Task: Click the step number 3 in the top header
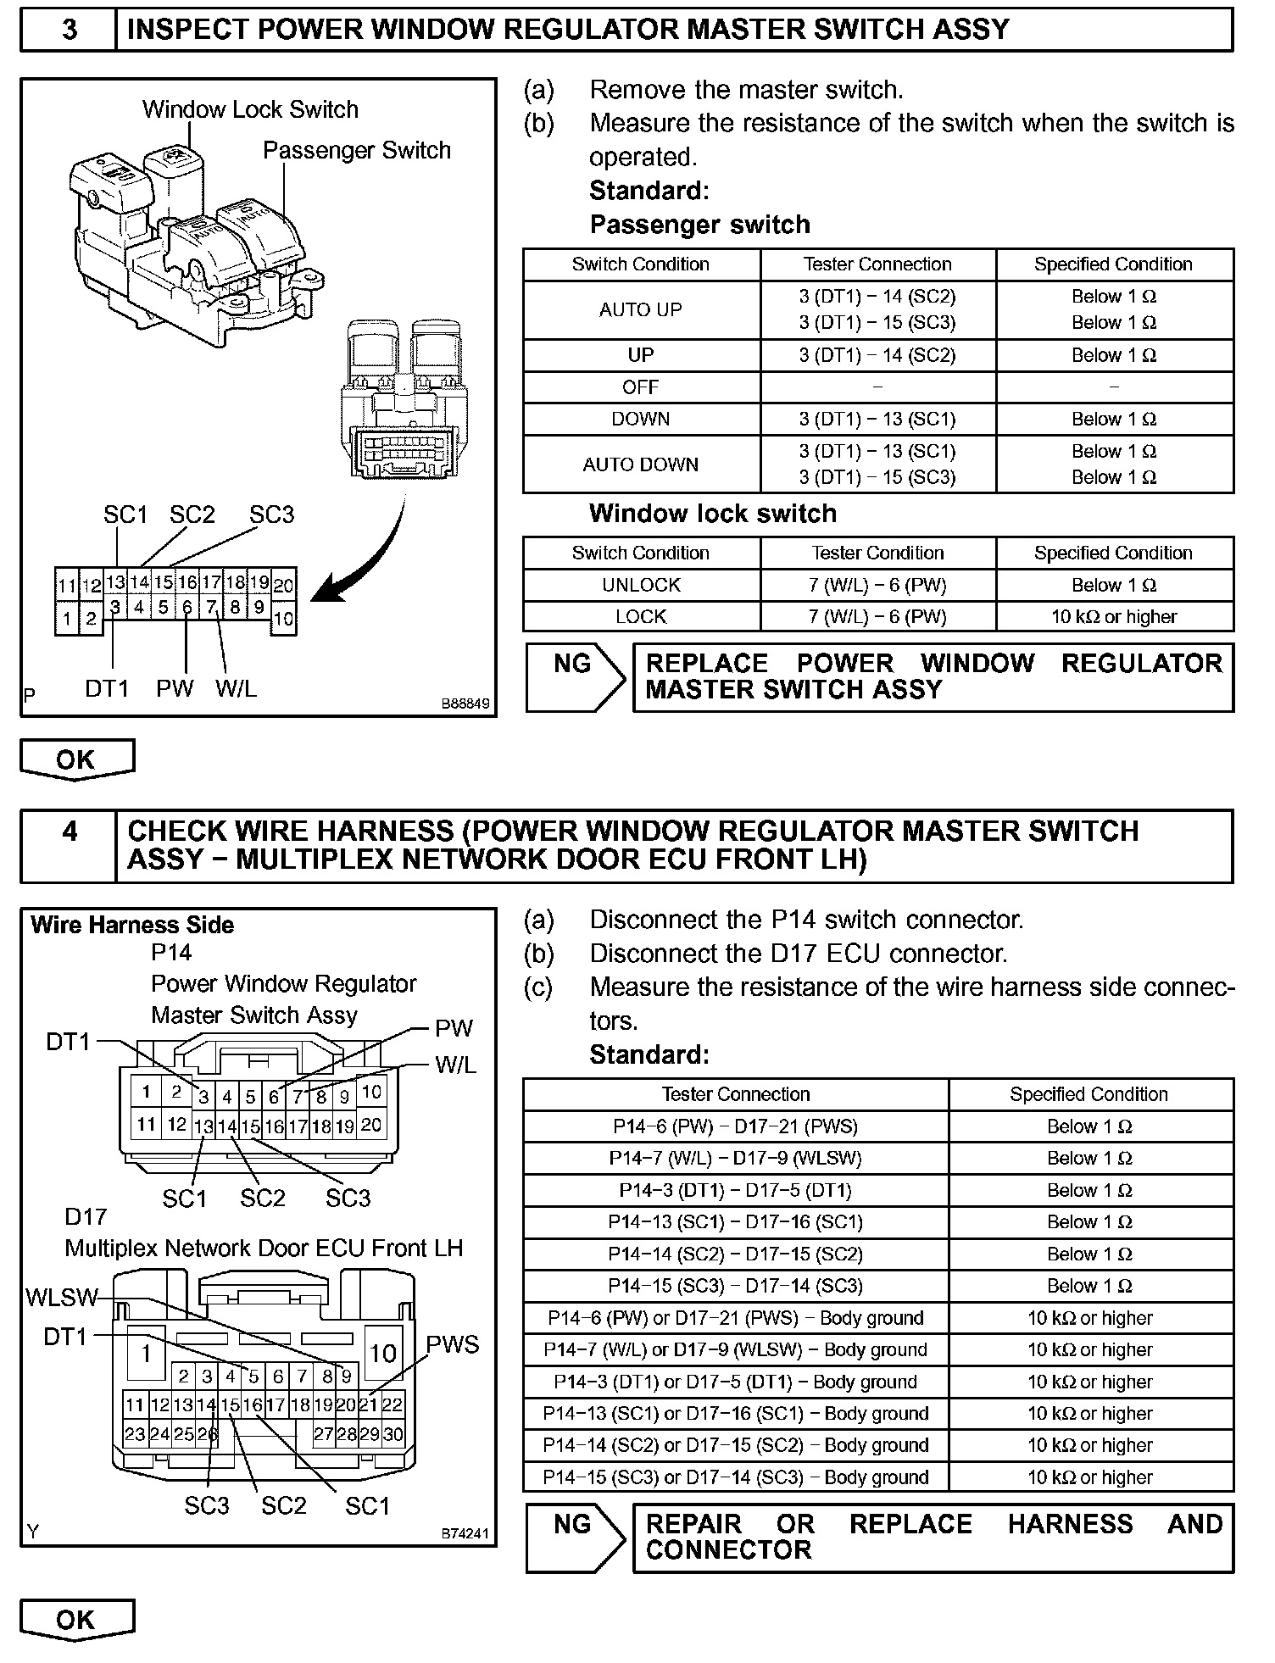69,30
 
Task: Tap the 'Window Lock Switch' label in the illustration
250,109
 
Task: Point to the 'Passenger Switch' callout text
356,150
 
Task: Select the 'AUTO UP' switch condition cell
641,309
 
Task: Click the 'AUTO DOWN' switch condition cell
641,464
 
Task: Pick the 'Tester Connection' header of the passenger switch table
877,264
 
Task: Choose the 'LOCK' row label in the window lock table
641,616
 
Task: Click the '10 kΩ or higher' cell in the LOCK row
1114,616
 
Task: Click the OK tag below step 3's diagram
76,759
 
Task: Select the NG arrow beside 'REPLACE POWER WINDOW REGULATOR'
574,676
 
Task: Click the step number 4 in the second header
69,831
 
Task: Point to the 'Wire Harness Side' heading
132,925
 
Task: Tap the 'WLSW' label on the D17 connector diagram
61,1298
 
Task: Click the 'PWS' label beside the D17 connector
452,1345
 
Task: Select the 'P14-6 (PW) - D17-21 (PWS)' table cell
735,1126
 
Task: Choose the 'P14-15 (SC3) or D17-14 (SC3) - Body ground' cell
735,1477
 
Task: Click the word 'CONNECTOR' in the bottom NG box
728,1550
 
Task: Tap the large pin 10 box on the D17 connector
383,1353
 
